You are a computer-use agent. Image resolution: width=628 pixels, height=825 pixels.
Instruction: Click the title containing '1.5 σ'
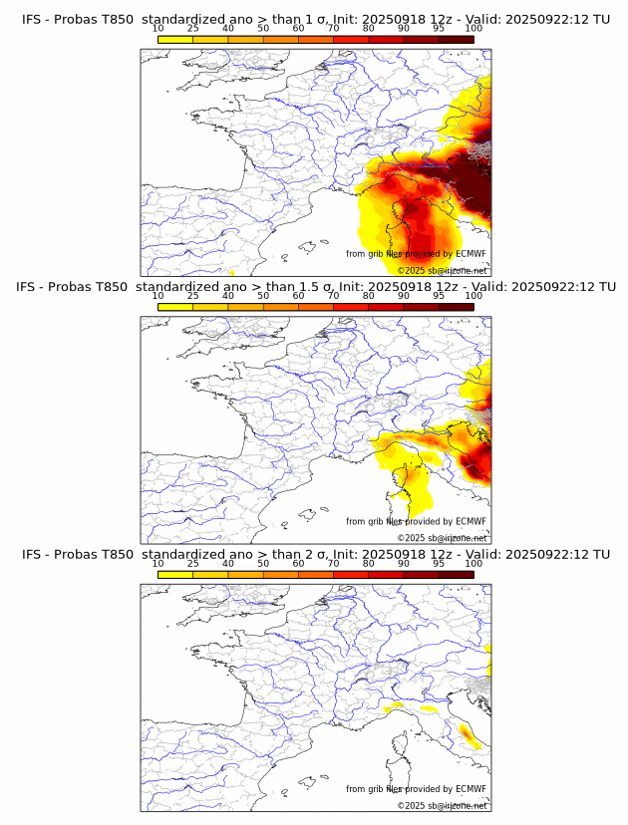[315, 287]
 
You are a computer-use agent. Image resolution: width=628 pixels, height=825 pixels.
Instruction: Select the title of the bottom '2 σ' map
[315, 554]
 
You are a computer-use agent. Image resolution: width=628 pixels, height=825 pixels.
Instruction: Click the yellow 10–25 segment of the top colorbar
[175, 39]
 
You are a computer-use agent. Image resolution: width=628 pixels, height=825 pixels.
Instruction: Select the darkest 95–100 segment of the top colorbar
[456, 39]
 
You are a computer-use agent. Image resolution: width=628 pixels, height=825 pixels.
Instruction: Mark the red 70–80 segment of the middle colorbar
[351, 307]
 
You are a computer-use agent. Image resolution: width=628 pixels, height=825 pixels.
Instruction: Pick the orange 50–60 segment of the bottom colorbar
[280, 574]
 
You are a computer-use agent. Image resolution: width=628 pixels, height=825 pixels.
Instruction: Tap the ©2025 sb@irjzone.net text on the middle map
[442, 538]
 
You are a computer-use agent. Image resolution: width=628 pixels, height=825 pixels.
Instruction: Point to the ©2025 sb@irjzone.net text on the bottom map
[442, 805]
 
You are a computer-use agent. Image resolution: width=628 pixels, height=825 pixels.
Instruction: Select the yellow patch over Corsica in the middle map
[403, 488]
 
